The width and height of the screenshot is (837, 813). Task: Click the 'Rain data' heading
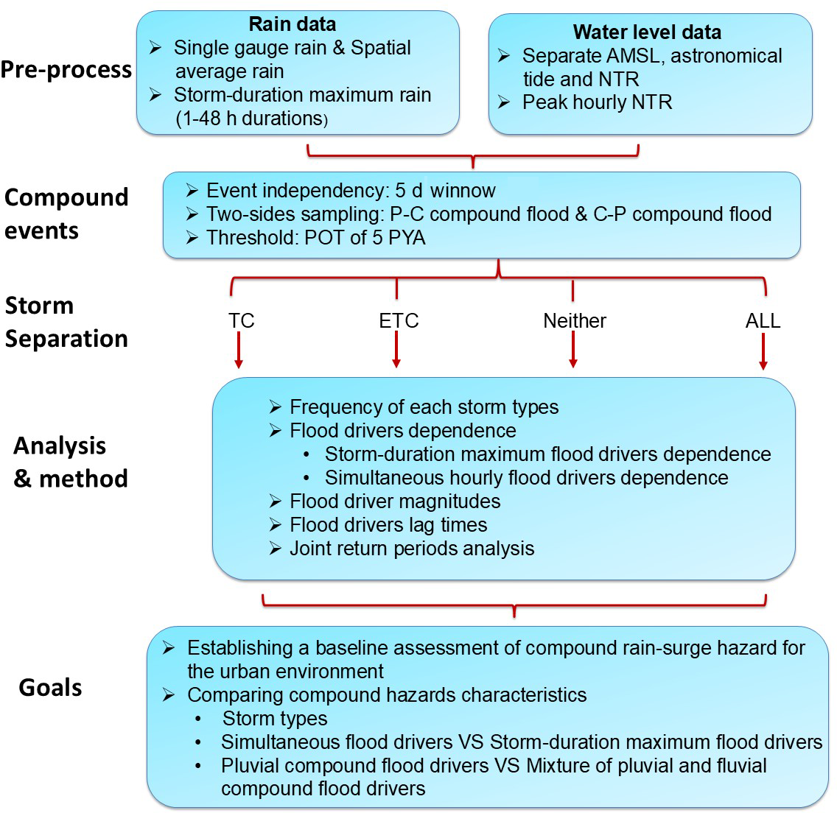pyautogui.click(x=293, y=24)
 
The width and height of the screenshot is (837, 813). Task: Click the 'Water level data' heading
pyautogui.click(x=647, y=32)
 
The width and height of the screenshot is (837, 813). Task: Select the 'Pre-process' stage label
pyautogui.click(x=66, y=70)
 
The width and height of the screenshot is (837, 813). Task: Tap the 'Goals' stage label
pyautogui.click(x=50, y=688)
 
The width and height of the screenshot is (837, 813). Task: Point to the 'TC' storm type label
pyautogui.click(x=241, y=321)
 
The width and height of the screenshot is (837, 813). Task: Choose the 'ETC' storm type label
pyautogui.click(x=399, y=321)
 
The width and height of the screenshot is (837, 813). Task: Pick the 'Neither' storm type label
pyautogui.click(x=575, y=321)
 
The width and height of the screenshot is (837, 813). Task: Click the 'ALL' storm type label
pyautogui.click(x=763, y=321)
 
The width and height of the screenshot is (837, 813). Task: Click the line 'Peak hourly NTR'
pyautogui.click(x=597, y=102)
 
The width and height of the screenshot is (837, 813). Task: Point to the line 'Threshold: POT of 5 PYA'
pyautogui.click(x=315, y=238)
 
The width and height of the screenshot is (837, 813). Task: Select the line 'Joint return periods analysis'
pyautogui.click(x=411, y=549)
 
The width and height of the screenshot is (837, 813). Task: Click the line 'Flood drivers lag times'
pyautogui.click(x=388, y=525)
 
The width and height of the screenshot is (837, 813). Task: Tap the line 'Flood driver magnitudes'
pyautogui.click(x=395, y=501)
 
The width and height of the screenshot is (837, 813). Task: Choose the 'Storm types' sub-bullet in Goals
pyautogui.click(x=275, y=719)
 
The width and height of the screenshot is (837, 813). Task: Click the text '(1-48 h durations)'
pyautogui.click(x=251, y=119)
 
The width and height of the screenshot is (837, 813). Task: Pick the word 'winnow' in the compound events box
pyautogui.click(x=463, y=191)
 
